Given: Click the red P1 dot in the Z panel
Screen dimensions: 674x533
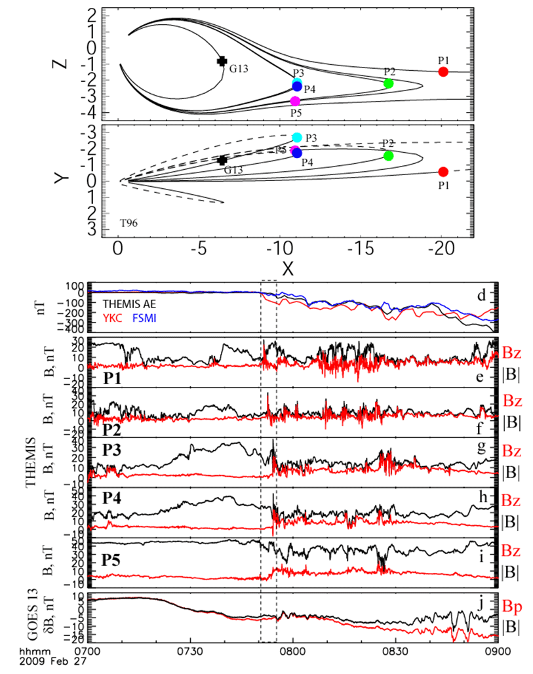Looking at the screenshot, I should tap(443, 71).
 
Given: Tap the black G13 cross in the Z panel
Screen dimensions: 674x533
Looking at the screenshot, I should tap(222, 61).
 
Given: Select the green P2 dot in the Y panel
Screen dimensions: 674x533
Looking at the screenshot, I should tap(388, 155).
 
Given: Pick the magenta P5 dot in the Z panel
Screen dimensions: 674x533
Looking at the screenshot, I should tap(295, 101).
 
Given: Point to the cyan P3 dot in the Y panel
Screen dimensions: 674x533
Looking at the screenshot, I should tap(296, 137).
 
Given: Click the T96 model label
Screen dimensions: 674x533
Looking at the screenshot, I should tap(128, 223).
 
